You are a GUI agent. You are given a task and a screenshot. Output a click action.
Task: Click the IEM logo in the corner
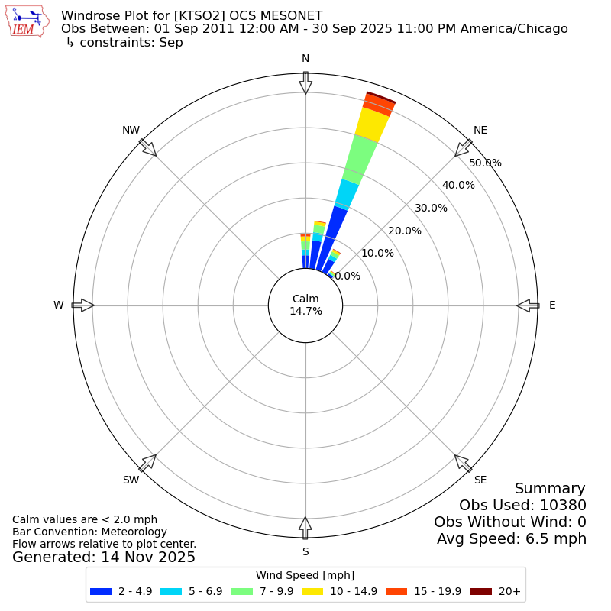tap(26, 22)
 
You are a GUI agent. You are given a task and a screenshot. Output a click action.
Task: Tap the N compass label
tap(305, 59)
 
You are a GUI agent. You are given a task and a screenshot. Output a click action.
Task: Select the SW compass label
tap(131, 480)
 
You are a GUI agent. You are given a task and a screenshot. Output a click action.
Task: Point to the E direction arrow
tap(528, 305)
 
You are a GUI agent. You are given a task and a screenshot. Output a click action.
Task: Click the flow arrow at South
tap(305, 527)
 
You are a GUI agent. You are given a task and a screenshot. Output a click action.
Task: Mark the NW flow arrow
tap(148, 148)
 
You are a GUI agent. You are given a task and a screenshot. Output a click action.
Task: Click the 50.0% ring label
tap(486, 163)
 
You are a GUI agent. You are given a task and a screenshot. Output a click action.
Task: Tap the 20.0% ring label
tap(405, 231)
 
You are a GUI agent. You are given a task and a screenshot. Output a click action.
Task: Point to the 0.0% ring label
tap(348, 276)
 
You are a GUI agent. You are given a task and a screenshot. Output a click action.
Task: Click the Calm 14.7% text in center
tap(305, 305)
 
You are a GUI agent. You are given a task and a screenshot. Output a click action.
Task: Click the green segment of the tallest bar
tap(360, 158)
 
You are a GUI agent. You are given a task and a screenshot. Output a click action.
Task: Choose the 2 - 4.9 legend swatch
tap(101, 591)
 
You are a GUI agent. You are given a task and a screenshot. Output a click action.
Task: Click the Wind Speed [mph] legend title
tap(305, 575)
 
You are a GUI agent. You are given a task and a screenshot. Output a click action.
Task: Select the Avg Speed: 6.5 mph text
tap(512, 538)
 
